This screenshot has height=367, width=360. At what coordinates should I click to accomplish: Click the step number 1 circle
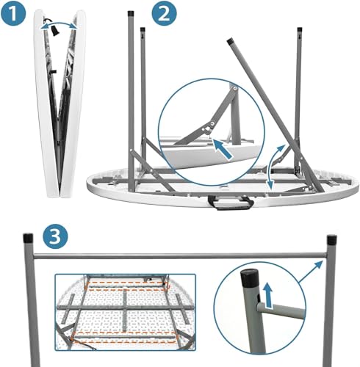[x=13, y=13]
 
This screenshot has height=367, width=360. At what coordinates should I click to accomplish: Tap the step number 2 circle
[x=164, y=14]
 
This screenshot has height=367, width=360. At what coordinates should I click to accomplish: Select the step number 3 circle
[x=55, y=237]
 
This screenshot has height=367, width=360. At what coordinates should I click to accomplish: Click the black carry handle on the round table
[x=230, y=203]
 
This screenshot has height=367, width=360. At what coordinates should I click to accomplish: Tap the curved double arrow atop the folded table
[x=59, y=26]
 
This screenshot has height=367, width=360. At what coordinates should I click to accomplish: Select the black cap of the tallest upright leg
[x=131, y=13]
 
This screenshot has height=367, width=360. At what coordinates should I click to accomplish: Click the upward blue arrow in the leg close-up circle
[x=269, y=295]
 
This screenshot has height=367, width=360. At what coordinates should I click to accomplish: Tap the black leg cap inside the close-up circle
[x=250, y=279]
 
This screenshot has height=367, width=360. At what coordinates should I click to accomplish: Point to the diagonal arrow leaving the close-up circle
[x=311, y=272]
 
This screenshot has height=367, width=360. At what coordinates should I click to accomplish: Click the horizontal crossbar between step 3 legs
[x=180, y=255]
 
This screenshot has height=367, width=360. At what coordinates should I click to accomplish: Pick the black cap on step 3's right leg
[x=332, y=240]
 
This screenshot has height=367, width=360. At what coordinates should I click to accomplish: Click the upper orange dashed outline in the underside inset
[x=126, y=286]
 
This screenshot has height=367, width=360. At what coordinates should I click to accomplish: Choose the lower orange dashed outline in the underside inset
[x=123, y=337]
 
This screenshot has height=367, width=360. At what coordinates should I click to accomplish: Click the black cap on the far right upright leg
[x=299, y=29]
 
